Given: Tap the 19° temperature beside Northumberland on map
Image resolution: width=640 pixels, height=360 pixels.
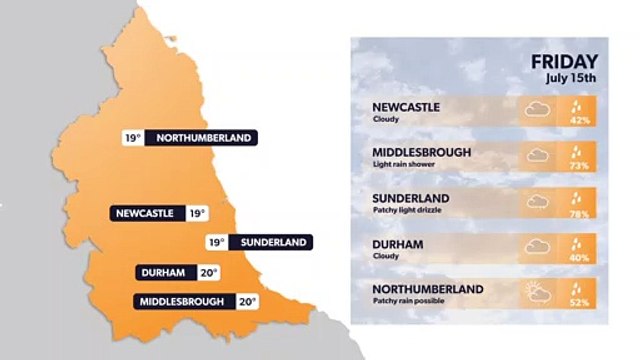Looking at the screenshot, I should (132, 138).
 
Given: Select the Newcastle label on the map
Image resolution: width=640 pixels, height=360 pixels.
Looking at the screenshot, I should (146, 213).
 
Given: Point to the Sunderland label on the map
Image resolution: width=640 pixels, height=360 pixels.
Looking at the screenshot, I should (272, 242).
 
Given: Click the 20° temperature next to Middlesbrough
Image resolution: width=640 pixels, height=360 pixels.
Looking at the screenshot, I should (246, 300).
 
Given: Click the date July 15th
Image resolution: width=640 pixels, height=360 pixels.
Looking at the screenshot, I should (572, 78).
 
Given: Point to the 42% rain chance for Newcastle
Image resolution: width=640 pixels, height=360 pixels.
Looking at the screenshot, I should (579, 120).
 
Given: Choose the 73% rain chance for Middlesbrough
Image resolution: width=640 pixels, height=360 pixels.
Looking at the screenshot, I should (579, 166).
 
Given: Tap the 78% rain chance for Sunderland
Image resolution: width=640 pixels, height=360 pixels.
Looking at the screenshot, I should (579, 212).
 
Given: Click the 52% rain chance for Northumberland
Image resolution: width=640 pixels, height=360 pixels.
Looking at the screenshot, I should (579, 303).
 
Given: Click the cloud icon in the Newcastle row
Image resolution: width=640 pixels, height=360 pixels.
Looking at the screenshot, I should (537, 109).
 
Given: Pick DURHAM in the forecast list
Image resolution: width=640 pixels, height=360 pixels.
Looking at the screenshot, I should (397, 243).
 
